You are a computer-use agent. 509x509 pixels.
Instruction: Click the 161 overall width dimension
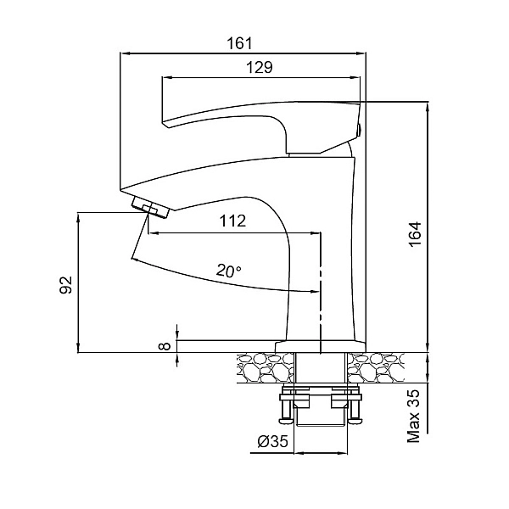click(x=239, y=43)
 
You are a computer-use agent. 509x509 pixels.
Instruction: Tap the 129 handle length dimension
click(x=260, y=68)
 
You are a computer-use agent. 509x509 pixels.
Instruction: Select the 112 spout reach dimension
click(x=232, y=221)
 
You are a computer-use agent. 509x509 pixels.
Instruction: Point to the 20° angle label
click(x=229, y=271)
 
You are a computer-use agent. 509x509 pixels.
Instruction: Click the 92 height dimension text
click(x=65, y=285)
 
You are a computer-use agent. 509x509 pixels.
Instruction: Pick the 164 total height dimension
click(x=415, y=234)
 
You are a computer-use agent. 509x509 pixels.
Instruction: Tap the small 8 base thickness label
click(x=165, y=346)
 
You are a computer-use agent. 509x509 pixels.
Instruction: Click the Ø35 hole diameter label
click(x=273, y=441)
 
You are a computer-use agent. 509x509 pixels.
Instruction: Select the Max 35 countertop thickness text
click(x=414, y=417)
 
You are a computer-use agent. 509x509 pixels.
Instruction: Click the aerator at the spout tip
click(x=151, y=208)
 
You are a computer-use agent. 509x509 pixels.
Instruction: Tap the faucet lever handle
click(x=260, y=128)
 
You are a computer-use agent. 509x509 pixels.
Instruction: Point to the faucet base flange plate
click(x=320, y=346)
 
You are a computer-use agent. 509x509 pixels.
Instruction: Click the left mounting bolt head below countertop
click(x=286, y=421)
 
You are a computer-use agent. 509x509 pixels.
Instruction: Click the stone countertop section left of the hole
click(x=266, y=368)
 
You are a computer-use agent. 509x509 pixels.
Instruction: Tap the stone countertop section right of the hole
click(x=376, y=368)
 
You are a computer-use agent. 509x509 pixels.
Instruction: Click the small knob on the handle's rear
click(x=359, y=130)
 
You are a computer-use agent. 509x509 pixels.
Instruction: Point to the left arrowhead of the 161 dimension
click(x=125, y=53)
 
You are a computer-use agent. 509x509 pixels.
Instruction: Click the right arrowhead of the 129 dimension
click(x=355, y=77)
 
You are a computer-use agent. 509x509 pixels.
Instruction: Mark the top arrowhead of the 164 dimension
click(x=428, y=107)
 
